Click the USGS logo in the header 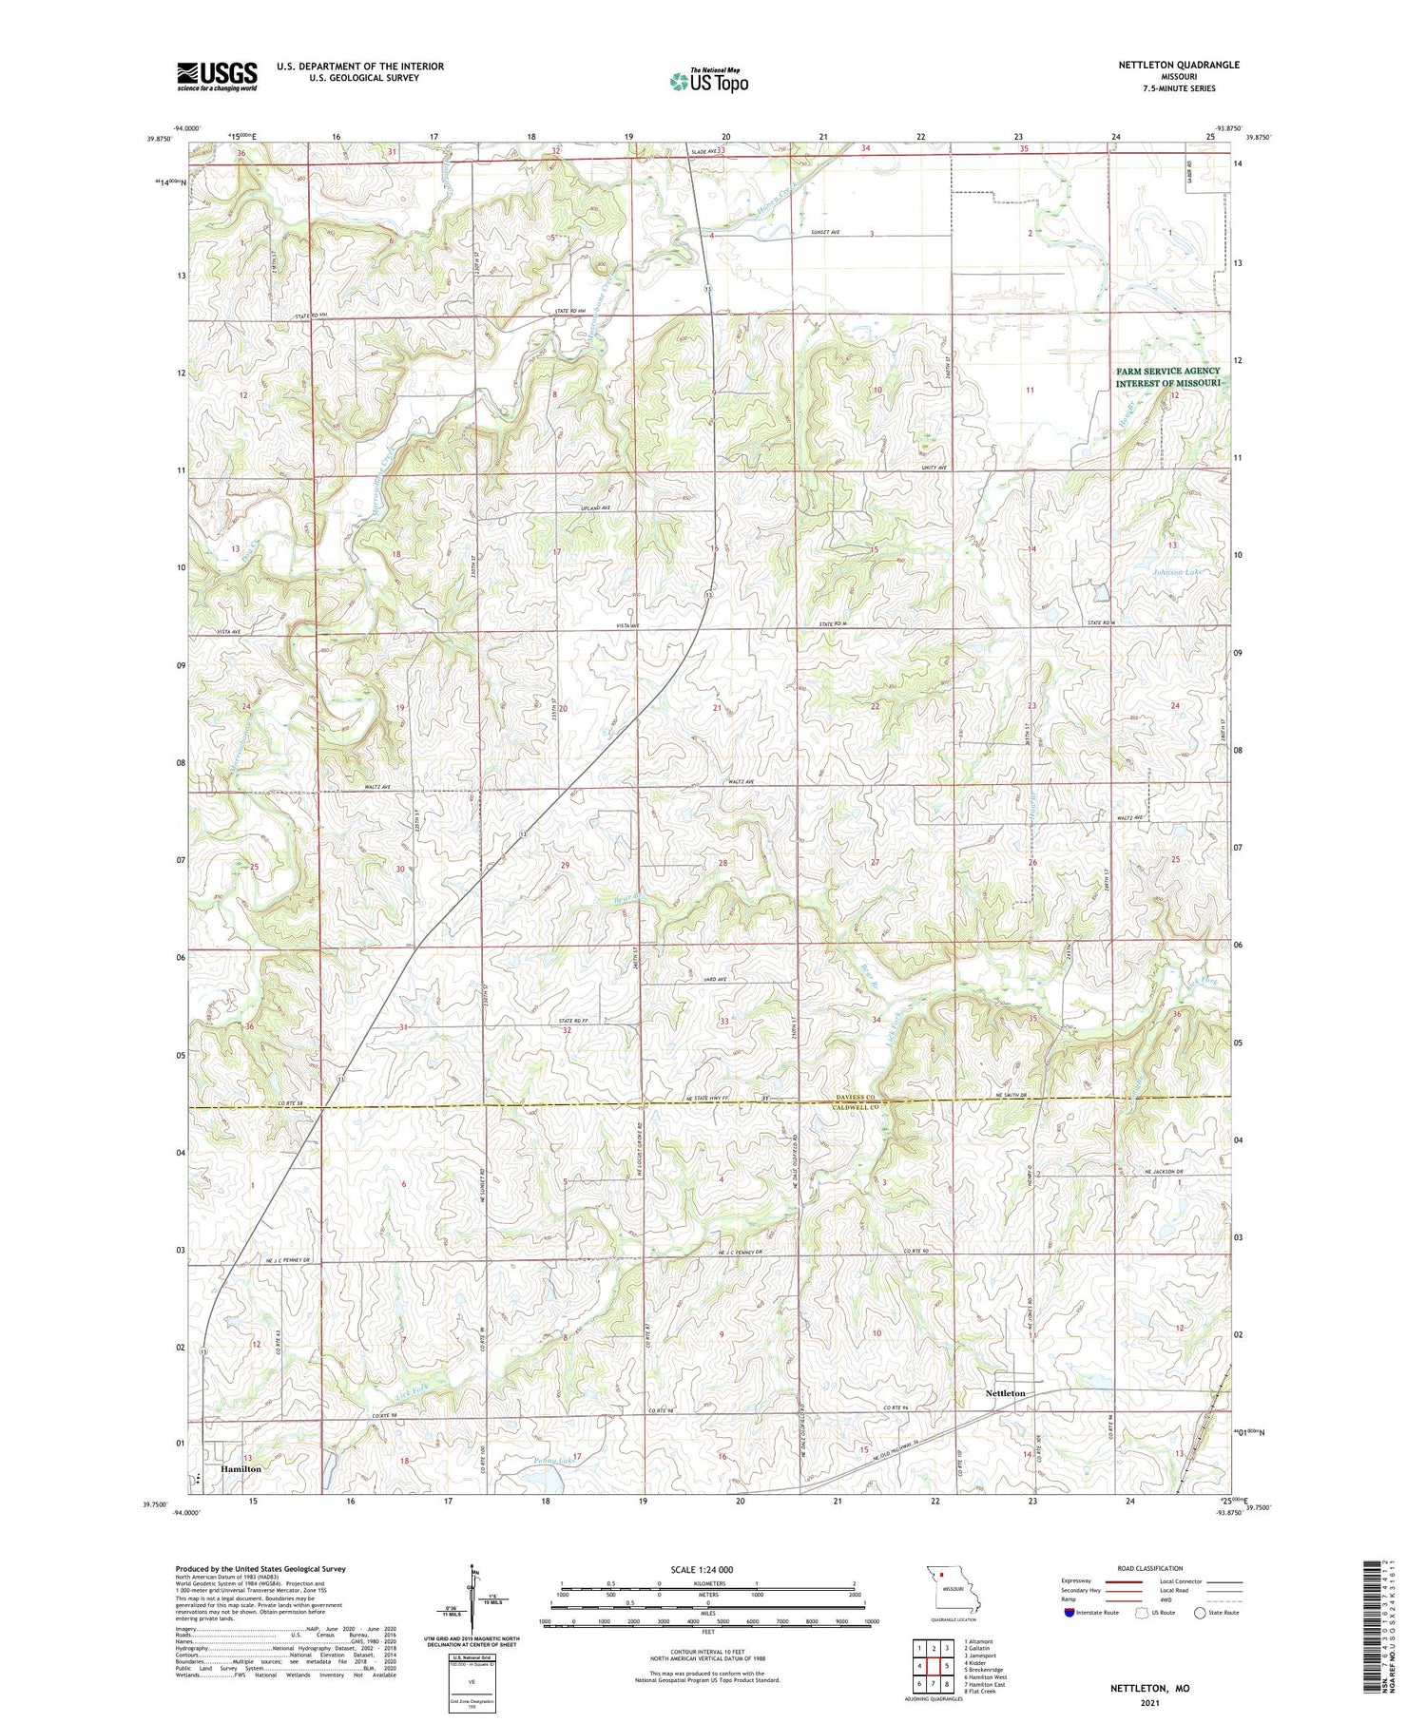(217, 76)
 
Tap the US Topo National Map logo (708, 81)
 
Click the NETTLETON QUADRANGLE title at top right (1178, 65)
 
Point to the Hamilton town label (241, 1468)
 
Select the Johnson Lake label (1177, 572)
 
